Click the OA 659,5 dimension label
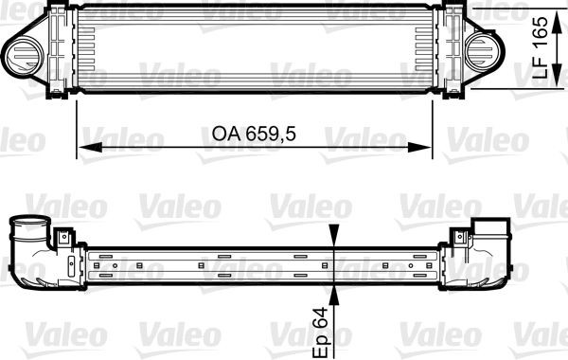pyautogui.click(x=249, y=135)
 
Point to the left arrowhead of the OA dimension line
pyautogui.click(x=82, y=148)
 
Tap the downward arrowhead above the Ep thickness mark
pyautogui.click(x=337, y=243)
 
